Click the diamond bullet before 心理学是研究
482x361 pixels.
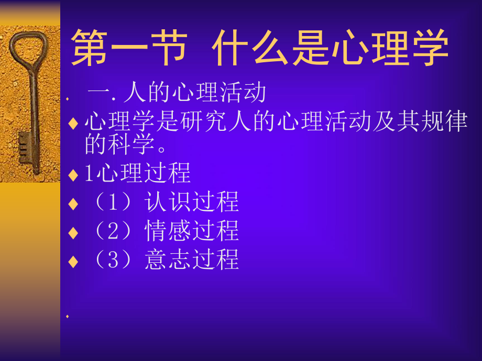(x=73, y=123)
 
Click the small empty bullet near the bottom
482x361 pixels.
(x=68, y=317)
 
